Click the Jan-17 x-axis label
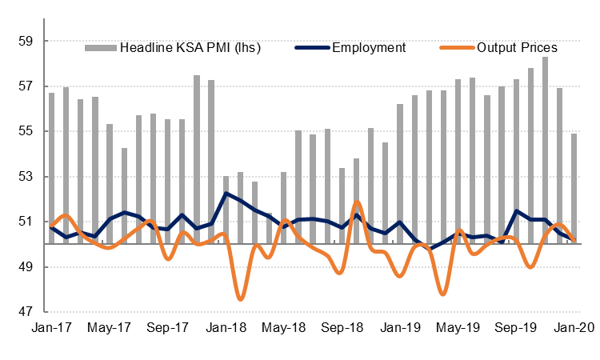point(50,328)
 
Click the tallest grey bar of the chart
point(545,150)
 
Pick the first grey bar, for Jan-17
point(51,168)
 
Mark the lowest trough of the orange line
point(240,299)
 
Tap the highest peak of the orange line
point(356,201)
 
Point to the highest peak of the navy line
point(226,193)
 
